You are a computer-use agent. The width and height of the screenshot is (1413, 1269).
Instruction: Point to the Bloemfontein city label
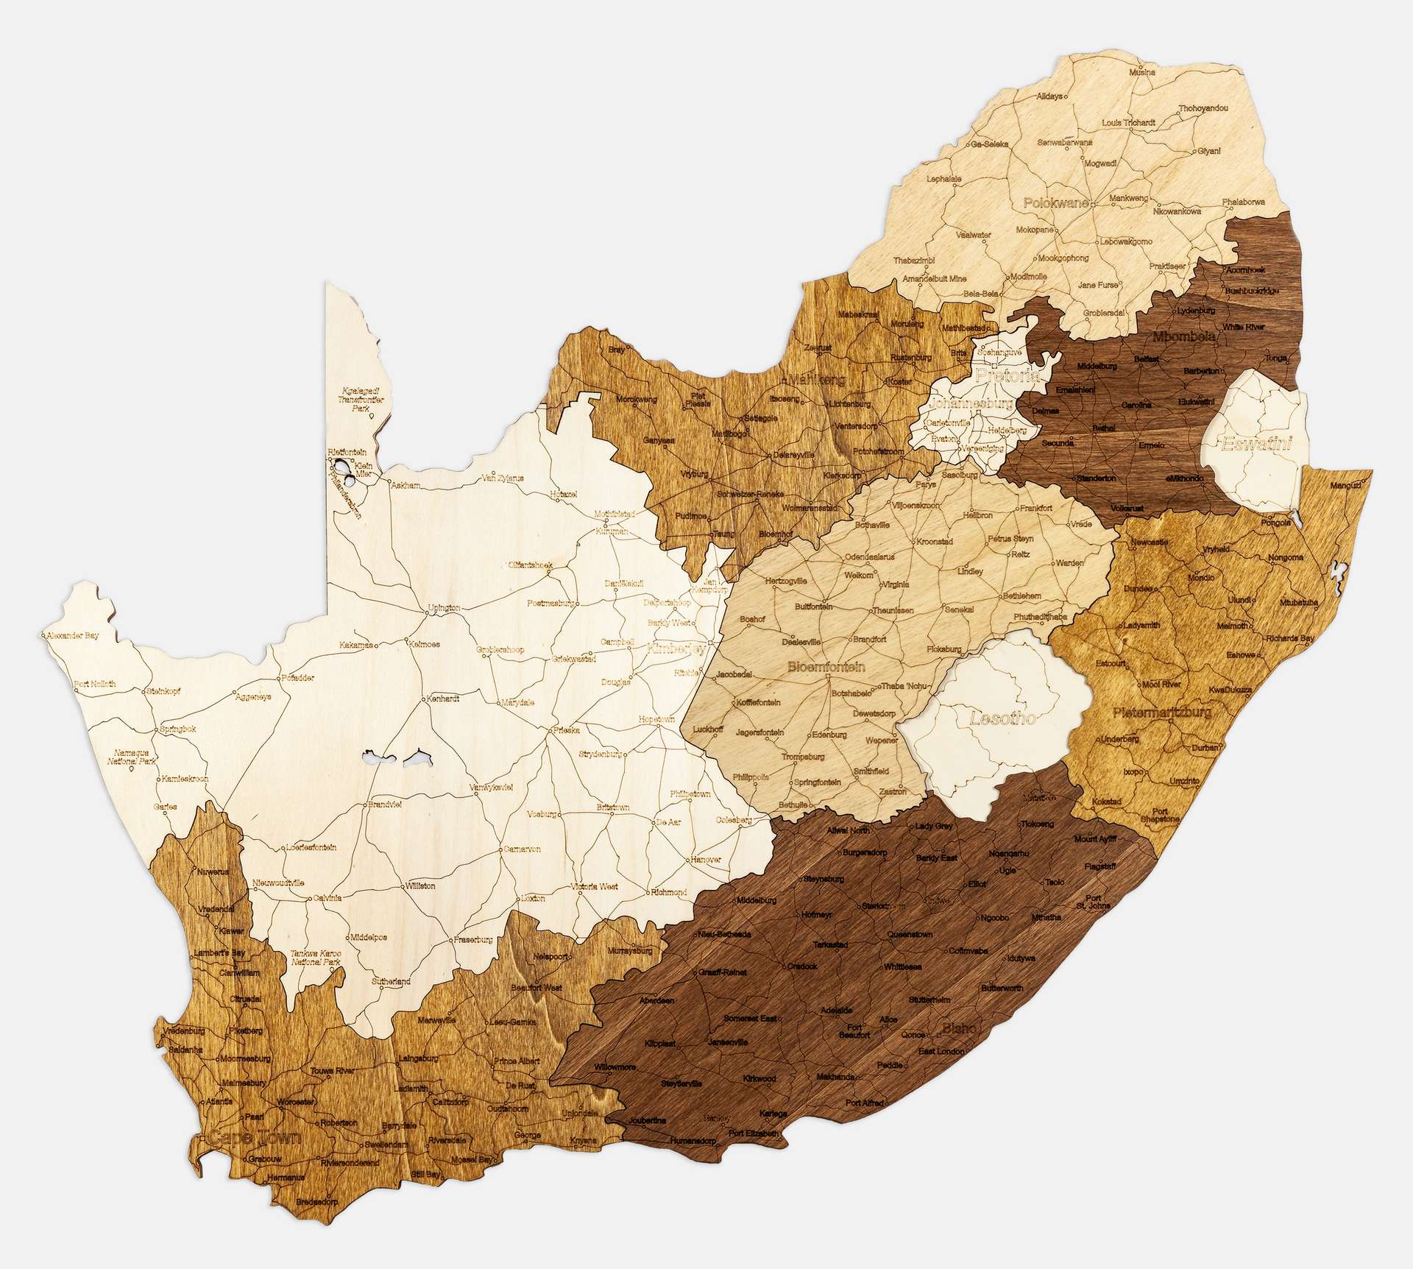[x=825, y=667]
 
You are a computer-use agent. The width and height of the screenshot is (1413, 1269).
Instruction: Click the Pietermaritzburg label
[x=1161, y=713]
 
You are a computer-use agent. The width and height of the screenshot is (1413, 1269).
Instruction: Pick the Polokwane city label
[x=1057, y=202]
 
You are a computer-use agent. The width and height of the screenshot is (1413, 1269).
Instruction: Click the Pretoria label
[x=1007, y=375]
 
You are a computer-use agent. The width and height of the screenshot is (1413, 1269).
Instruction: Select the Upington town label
[x=444, y=607]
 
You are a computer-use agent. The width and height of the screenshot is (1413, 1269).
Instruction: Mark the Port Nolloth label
[x=95, y=684]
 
